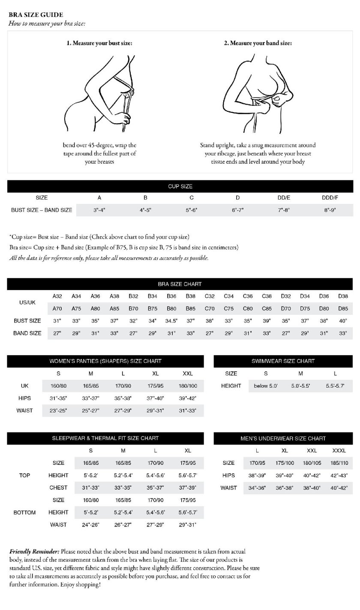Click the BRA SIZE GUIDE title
coord(36,15)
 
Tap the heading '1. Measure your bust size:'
coord(99,43)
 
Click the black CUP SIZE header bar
coord(180,186)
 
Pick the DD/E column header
coord(283,197)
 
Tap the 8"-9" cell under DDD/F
coord(330,210)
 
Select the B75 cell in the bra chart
coord(153,308)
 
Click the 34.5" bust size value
coord(171,321)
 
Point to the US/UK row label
coord(27,302)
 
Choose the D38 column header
coord(343,296)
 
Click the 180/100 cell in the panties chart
coord(188,386)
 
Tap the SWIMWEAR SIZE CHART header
coord(283,361)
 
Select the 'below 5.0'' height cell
coord(266,386)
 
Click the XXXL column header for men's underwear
coord(339,451)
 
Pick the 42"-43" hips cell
coord(339,475)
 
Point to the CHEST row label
coord(58,487)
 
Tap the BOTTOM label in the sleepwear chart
coord(24,512)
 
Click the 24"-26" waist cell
coord(90,525)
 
